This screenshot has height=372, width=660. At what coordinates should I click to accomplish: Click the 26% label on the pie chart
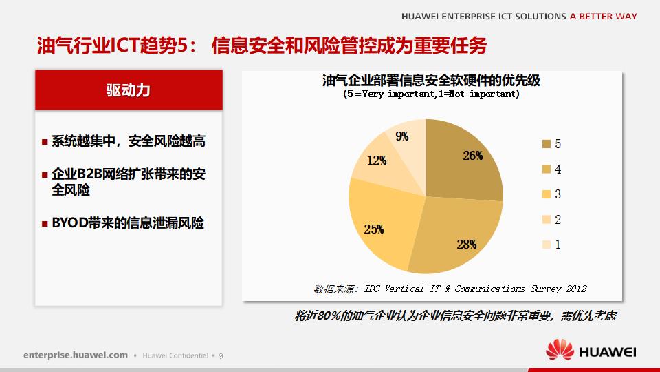pos(472,156)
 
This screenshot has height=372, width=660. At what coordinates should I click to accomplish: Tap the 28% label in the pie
pos(466,244)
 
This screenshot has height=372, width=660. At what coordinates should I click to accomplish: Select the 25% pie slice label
pos(374,229)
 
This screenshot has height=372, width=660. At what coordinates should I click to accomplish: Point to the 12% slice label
pos(376,161)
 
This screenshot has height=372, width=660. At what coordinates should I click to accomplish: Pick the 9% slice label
pos(402,136)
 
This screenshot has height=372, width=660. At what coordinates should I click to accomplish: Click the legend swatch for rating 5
pos(547,144)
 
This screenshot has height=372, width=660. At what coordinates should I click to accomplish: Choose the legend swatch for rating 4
pos(547,169)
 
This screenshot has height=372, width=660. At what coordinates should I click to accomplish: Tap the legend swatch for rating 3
pos(547,194)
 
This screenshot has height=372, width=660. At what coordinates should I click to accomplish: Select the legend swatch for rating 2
pos(547,220)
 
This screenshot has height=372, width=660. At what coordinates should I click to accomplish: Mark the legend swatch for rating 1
pos(547,245)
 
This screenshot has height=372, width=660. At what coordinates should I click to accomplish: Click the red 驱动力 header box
pos(129,90)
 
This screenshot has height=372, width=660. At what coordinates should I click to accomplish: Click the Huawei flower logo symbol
pos(560,350)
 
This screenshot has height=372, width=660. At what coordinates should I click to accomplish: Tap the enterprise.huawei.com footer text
pos(76,355)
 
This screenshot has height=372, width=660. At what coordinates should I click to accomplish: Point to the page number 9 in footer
pos(221,355)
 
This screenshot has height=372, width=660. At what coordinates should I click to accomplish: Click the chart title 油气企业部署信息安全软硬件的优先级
pos(431,80)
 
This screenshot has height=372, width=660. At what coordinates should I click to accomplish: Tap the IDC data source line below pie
pos(450,289)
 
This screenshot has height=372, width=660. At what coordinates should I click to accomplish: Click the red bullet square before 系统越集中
pos(45,142)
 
